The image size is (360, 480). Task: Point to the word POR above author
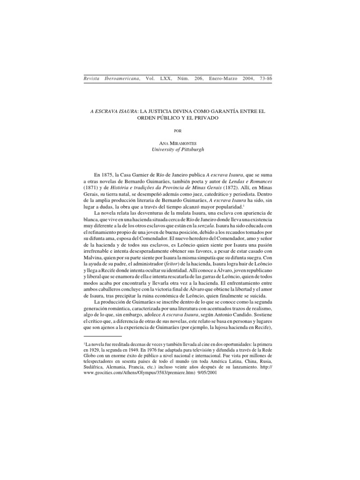[x=177, y=131]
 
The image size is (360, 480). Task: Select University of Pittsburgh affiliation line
[x=177, y=150]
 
